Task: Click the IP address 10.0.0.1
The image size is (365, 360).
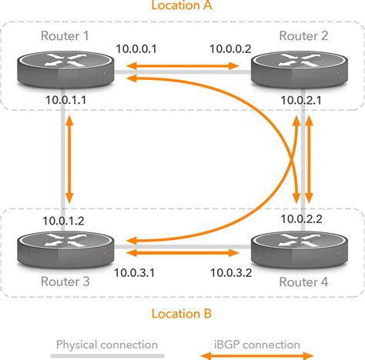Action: click(x=136, y=48)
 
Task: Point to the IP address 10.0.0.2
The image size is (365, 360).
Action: click(x=229, y=48)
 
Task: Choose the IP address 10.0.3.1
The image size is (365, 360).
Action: click(x=136, y=272)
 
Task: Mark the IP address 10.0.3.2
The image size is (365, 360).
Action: click(x=229, y=272)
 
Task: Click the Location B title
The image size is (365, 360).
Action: click(x=182, y=314)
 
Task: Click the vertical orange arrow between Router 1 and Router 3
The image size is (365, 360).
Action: click(x=70, y=159)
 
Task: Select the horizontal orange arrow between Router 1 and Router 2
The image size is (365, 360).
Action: click(x=182, y=68)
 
